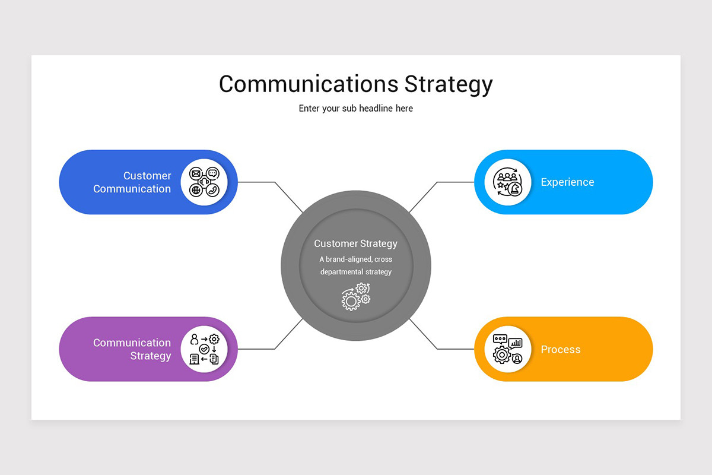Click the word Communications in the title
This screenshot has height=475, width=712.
tap(309, 84)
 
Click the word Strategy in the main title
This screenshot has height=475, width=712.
tap(449, 85)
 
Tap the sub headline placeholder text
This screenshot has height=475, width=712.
tap(356, 109)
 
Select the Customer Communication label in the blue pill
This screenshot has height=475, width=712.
tap(132, 182)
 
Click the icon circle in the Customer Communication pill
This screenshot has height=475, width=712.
tap(204, 182)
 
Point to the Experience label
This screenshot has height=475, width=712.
tap(567, 182)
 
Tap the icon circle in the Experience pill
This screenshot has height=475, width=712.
tap(508, 182)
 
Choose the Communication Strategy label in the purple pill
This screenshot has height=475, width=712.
tap(132, 349)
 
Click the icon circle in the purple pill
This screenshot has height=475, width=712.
tap(204, 349)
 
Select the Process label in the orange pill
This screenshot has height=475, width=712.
tap(561, 349)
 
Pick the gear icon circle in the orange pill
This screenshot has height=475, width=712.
tap(508, 349)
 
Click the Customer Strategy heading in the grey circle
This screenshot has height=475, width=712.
tap(356, 243)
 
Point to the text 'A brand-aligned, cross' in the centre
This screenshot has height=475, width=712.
tap(356, 259)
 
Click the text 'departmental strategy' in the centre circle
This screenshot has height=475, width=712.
tap(356, 272)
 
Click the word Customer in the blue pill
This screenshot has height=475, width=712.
tap(147, 176)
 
